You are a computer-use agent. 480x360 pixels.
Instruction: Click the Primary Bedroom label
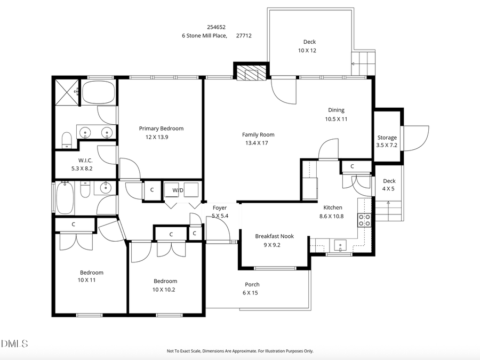click(x=161, y=129)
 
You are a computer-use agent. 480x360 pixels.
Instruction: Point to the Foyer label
click(x=220, y=208)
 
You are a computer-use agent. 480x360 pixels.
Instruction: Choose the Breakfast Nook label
click(x=275, y=236)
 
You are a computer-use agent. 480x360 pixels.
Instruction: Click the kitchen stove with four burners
click(x=364, y=220)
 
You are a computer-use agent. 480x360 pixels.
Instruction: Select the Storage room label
click(x=387, y=138)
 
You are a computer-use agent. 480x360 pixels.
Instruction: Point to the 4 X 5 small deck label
click(x=389, y=188)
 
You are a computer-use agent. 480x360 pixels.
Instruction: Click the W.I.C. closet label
click(x=85, y=160)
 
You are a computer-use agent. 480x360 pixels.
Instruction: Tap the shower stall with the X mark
click(x=67, y=92)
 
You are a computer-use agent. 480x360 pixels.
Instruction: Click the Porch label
click(x=252, y=284)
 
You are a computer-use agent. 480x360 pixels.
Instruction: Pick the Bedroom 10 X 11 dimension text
click(x=86, y=280)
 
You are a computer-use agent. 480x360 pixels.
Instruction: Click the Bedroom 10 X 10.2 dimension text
click(x=165, y=290)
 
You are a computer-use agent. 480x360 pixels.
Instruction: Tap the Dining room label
click(x=336, y=110)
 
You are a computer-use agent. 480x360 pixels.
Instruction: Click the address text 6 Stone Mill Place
click(x=204, y=36)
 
